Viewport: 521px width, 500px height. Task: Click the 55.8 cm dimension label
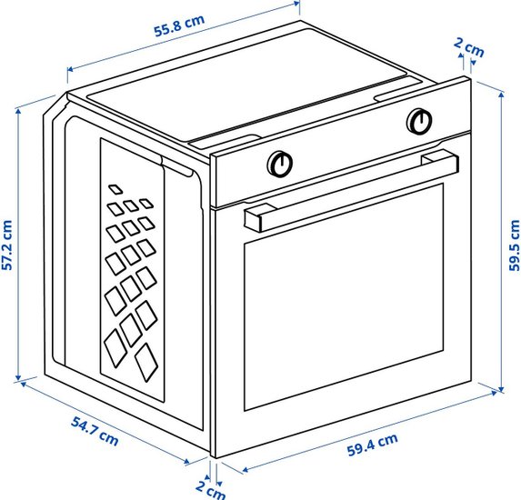(179, 25)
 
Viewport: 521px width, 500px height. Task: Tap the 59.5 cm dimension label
(515, 245)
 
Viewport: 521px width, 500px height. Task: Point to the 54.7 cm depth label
(95, 432)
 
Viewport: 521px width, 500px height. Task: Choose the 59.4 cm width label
(373, 445)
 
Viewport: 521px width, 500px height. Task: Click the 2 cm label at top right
(469, 47)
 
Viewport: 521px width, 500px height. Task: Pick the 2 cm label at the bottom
(210, 490)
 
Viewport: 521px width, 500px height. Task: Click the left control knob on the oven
(280, 164)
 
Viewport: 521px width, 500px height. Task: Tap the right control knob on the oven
(419, 121)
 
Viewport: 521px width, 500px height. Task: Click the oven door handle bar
(352, 190)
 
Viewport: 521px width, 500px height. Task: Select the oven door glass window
(344, 296)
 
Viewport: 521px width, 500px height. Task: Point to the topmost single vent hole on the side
(115, 189)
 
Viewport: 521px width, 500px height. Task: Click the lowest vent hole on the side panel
(146, 362)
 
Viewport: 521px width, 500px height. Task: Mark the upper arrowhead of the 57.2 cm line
(18, 111)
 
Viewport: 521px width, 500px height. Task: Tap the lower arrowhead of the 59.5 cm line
(502, 390)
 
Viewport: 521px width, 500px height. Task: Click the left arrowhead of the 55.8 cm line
(70, 69)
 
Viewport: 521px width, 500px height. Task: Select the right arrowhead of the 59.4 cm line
(494, 393)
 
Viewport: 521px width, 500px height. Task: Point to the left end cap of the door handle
(253, 220)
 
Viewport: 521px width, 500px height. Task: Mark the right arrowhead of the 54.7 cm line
(186, 462)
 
